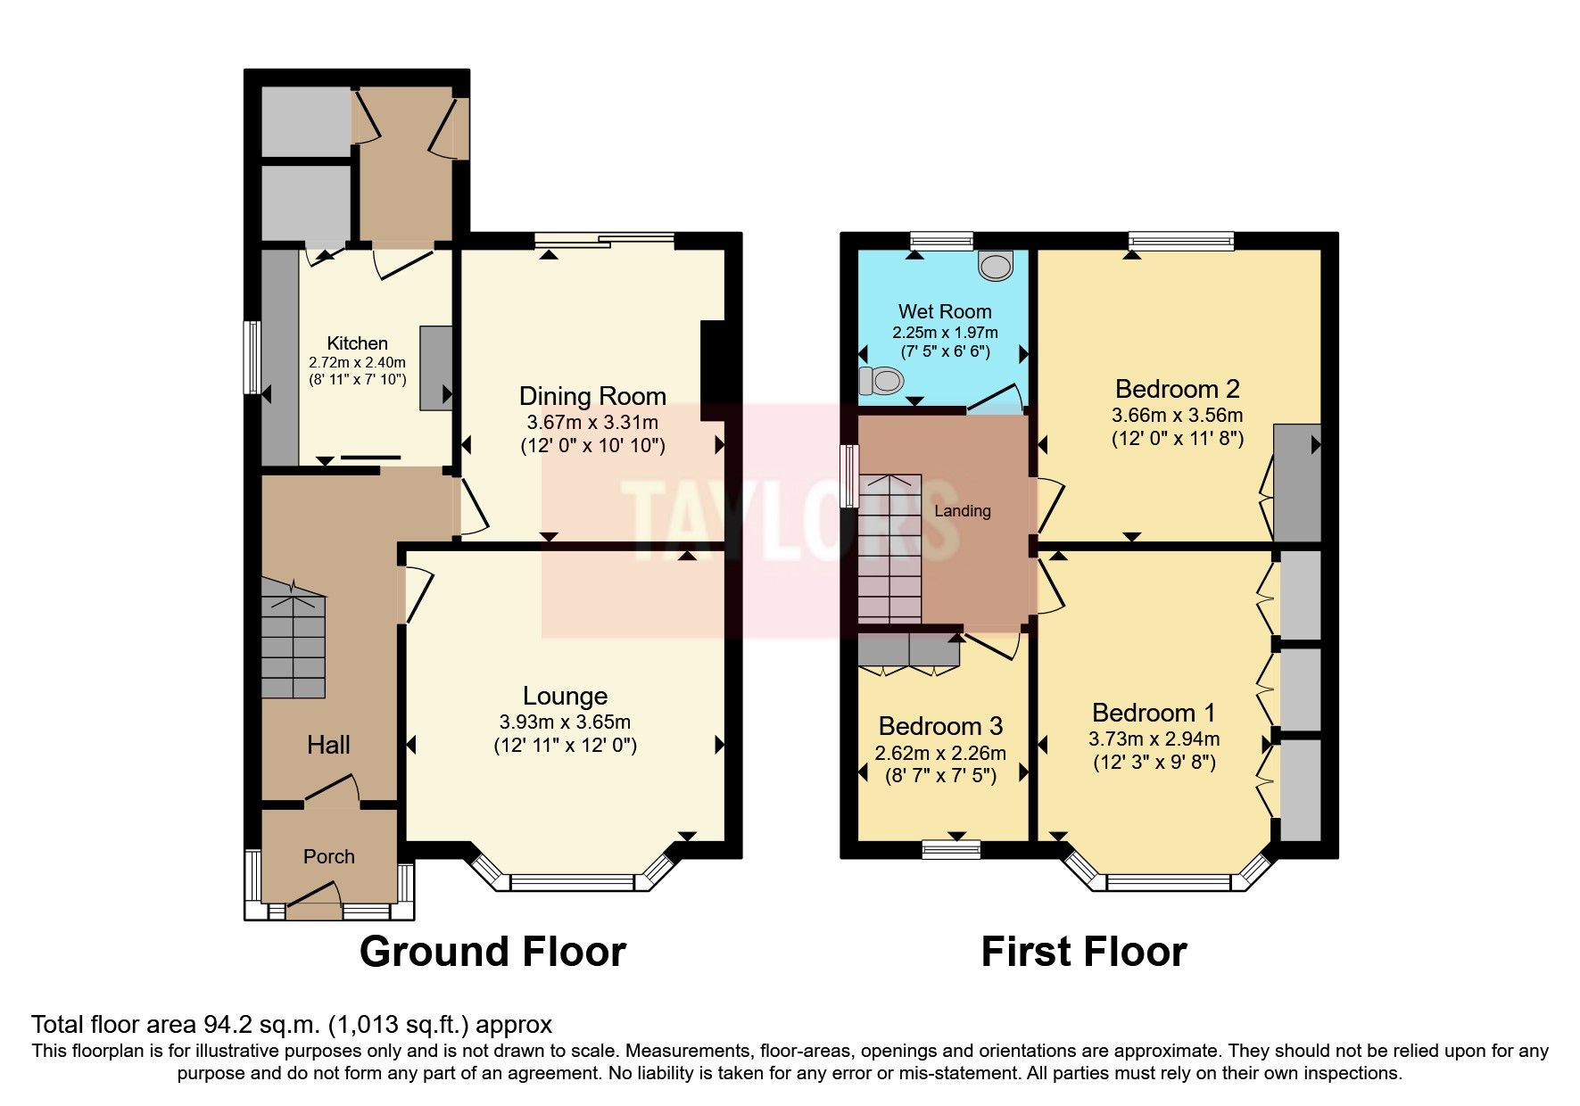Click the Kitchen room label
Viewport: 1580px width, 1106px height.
pyautogui.click(x=357, y=343)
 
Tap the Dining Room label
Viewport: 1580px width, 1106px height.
pyautogui.click(x=592, y=396)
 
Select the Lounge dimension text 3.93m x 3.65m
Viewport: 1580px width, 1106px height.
pyautogui.click(x=565, y=722)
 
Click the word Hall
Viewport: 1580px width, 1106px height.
pyautogui.click(x=328, y=745)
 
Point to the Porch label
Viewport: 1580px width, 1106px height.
pyautogui.click(x=328, y=856)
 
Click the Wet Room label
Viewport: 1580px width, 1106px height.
pyautogui.click(x=944, y=311)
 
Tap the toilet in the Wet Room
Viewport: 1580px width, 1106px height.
pyautogui.click(x=878, y=381)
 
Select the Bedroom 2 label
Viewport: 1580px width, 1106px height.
pyautogui.click(x=1177, y=389)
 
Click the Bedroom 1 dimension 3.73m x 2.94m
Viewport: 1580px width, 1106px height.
pyautogui.click(x=1154, y=739)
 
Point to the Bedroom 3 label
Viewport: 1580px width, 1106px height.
pyautogui.click(x=940, y=726)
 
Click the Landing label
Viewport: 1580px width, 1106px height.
pyautogui.click(x=962, y=511)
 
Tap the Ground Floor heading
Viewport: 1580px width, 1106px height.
pyautogui.click(x=492, y=952)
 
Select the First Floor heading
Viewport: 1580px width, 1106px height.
pyautogui.click(x=1083, y=952)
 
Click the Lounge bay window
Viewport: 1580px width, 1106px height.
pyautogui.click(x=571, y=882)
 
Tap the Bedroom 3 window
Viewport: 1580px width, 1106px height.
pyautogui.click(x=950, y=848)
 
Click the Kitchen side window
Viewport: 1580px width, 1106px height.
pyautogui.click(x=252, y=357)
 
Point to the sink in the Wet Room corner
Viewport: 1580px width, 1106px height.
pyautogui.click(x=996, y=264)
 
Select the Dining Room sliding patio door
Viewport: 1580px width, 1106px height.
pyautogui.click(x=605, y=238)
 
